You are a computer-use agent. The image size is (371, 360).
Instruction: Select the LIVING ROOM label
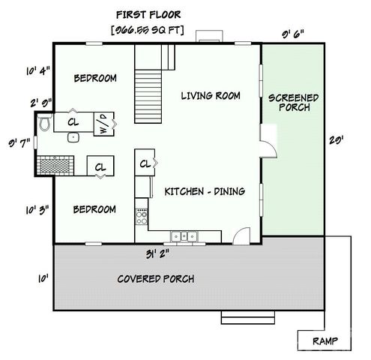(x=211, y=95)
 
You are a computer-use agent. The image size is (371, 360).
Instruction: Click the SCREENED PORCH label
(x=293, y=103)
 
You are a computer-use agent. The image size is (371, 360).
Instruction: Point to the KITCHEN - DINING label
(x=205, y=192)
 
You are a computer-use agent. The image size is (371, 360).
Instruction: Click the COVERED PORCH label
(x=156, y=279)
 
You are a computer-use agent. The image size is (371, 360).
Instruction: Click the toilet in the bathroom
(x=45, y=123)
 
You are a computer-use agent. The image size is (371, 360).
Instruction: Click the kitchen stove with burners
(x=141, y=218)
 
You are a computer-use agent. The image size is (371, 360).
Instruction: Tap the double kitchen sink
(x=183, y=238)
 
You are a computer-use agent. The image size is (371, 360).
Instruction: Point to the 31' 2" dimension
(x=159, y=253)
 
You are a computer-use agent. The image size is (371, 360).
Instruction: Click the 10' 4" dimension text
(x=37, y=71)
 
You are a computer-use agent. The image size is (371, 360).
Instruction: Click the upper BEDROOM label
(x=95, y=78)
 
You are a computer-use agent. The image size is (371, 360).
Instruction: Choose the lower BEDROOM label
(x=94, y=209)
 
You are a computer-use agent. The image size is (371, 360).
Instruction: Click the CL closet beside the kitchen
(x=144, y=162)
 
